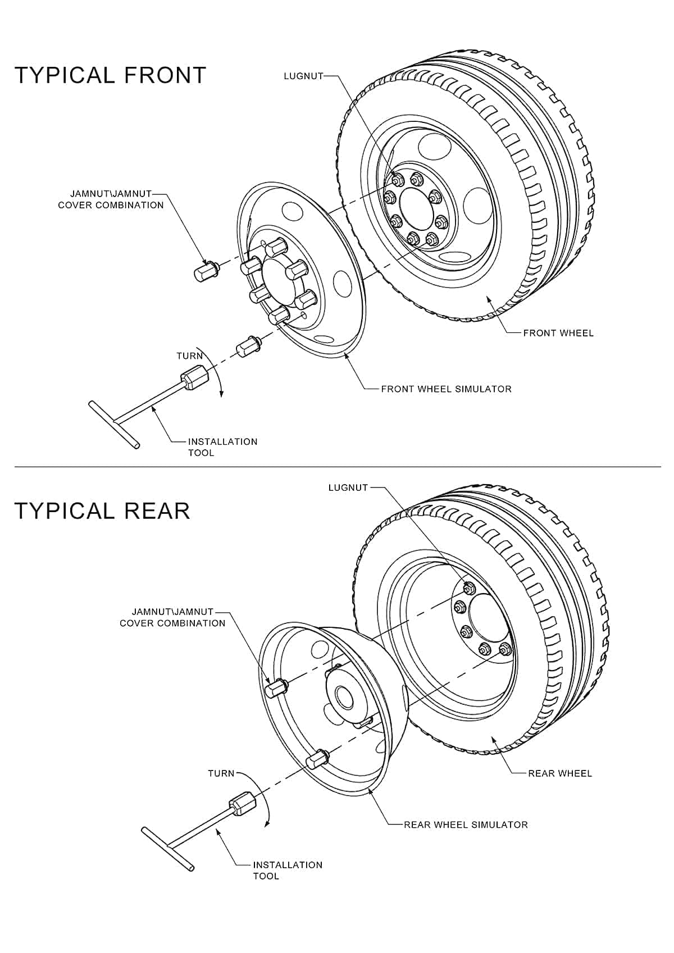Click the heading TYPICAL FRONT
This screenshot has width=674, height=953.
click(110, 75)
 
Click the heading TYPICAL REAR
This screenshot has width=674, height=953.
click(102, 510)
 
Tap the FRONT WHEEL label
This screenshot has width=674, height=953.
click(558, 333)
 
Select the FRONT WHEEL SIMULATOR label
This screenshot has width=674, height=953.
click(446, 389)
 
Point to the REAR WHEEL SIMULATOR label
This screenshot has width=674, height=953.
click(466, 824)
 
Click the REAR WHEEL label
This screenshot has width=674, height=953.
click(559, 773)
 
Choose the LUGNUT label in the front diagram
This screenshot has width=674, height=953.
click(303, 76)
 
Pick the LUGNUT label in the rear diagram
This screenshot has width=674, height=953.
click(348, 487)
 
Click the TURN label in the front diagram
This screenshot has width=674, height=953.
click(189, 355)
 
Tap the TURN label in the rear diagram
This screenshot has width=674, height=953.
click(221, 773)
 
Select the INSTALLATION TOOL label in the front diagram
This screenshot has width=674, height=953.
click(222, 447)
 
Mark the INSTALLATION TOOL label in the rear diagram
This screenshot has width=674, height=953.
click(287, 870)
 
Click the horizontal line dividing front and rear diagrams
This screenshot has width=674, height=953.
click(337, 466)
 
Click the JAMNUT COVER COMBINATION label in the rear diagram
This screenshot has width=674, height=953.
click(172, 617)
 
